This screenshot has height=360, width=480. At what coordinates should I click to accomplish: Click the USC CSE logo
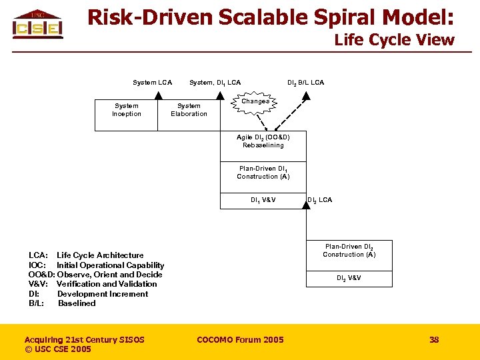click(x=37, y=25)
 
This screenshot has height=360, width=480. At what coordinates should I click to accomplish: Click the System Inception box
click(x=127, y=110)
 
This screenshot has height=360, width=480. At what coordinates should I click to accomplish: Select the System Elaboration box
click(x=189, y=110)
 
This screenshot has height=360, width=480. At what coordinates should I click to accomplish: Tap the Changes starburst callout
click(x=255, y=102)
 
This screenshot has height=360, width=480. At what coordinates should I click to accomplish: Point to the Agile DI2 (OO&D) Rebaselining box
click(x=263, y=141)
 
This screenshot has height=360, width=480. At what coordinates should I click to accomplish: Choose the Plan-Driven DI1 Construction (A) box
click(x=263, y=173)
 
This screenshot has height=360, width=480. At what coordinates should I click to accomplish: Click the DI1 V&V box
click(x=263, y=200)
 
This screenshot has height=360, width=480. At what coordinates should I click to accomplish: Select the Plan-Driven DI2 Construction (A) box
click(x=349, y=251)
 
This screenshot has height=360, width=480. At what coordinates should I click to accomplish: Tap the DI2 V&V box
click(x=349, y=278)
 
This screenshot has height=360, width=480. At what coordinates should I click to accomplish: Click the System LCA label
click(x=152, y=83)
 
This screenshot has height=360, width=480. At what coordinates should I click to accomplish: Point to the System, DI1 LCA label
click(x=215, y=83)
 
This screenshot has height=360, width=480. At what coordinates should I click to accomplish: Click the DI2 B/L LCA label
click(x=305, y=83)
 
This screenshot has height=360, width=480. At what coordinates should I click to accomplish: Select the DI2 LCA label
click(x=320, y=200)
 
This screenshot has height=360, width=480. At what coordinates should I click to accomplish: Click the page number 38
click(x=434, y=340)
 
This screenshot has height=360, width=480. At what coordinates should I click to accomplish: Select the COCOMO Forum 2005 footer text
click(x=240, y=340)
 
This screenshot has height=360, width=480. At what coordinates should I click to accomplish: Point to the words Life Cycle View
click(x=394, y=40)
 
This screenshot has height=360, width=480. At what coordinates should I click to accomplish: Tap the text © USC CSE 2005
click(x=58, y=349)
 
